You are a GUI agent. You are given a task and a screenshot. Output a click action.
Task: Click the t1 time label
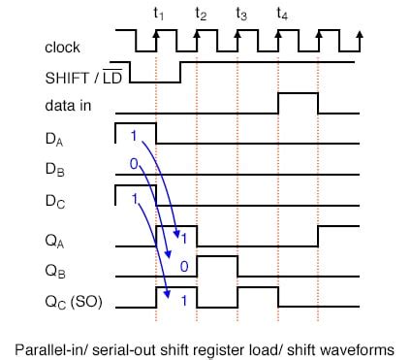[x=159, y=13]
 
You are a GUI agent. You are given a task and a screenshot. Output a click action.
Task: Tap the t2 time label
[x=200, y=13]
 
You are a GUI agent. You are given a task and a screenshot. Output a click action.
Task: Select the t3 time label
[x=240, y=13]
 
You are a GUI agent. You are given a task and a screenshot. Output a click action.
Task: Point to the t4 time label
[x=281, y=13]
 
